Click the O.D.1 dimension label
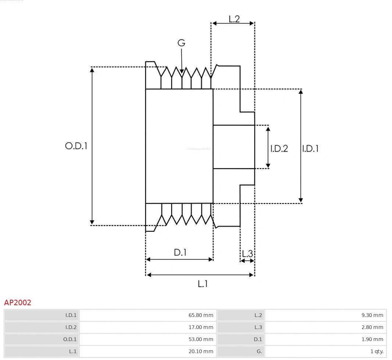(76, 146)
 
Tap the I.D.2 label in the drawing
(279, 149)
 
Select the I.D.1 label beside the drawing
(310, 149)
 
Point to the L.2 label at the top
(234, 19)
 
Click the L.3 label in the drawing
(247, 254)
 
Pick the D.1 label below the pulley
(180, 253)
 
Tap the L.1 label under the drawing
(203, 284)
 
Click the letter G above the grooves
(181, 43)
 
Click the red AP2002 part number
(18, 303)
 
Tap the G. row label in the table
(259, 352)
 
